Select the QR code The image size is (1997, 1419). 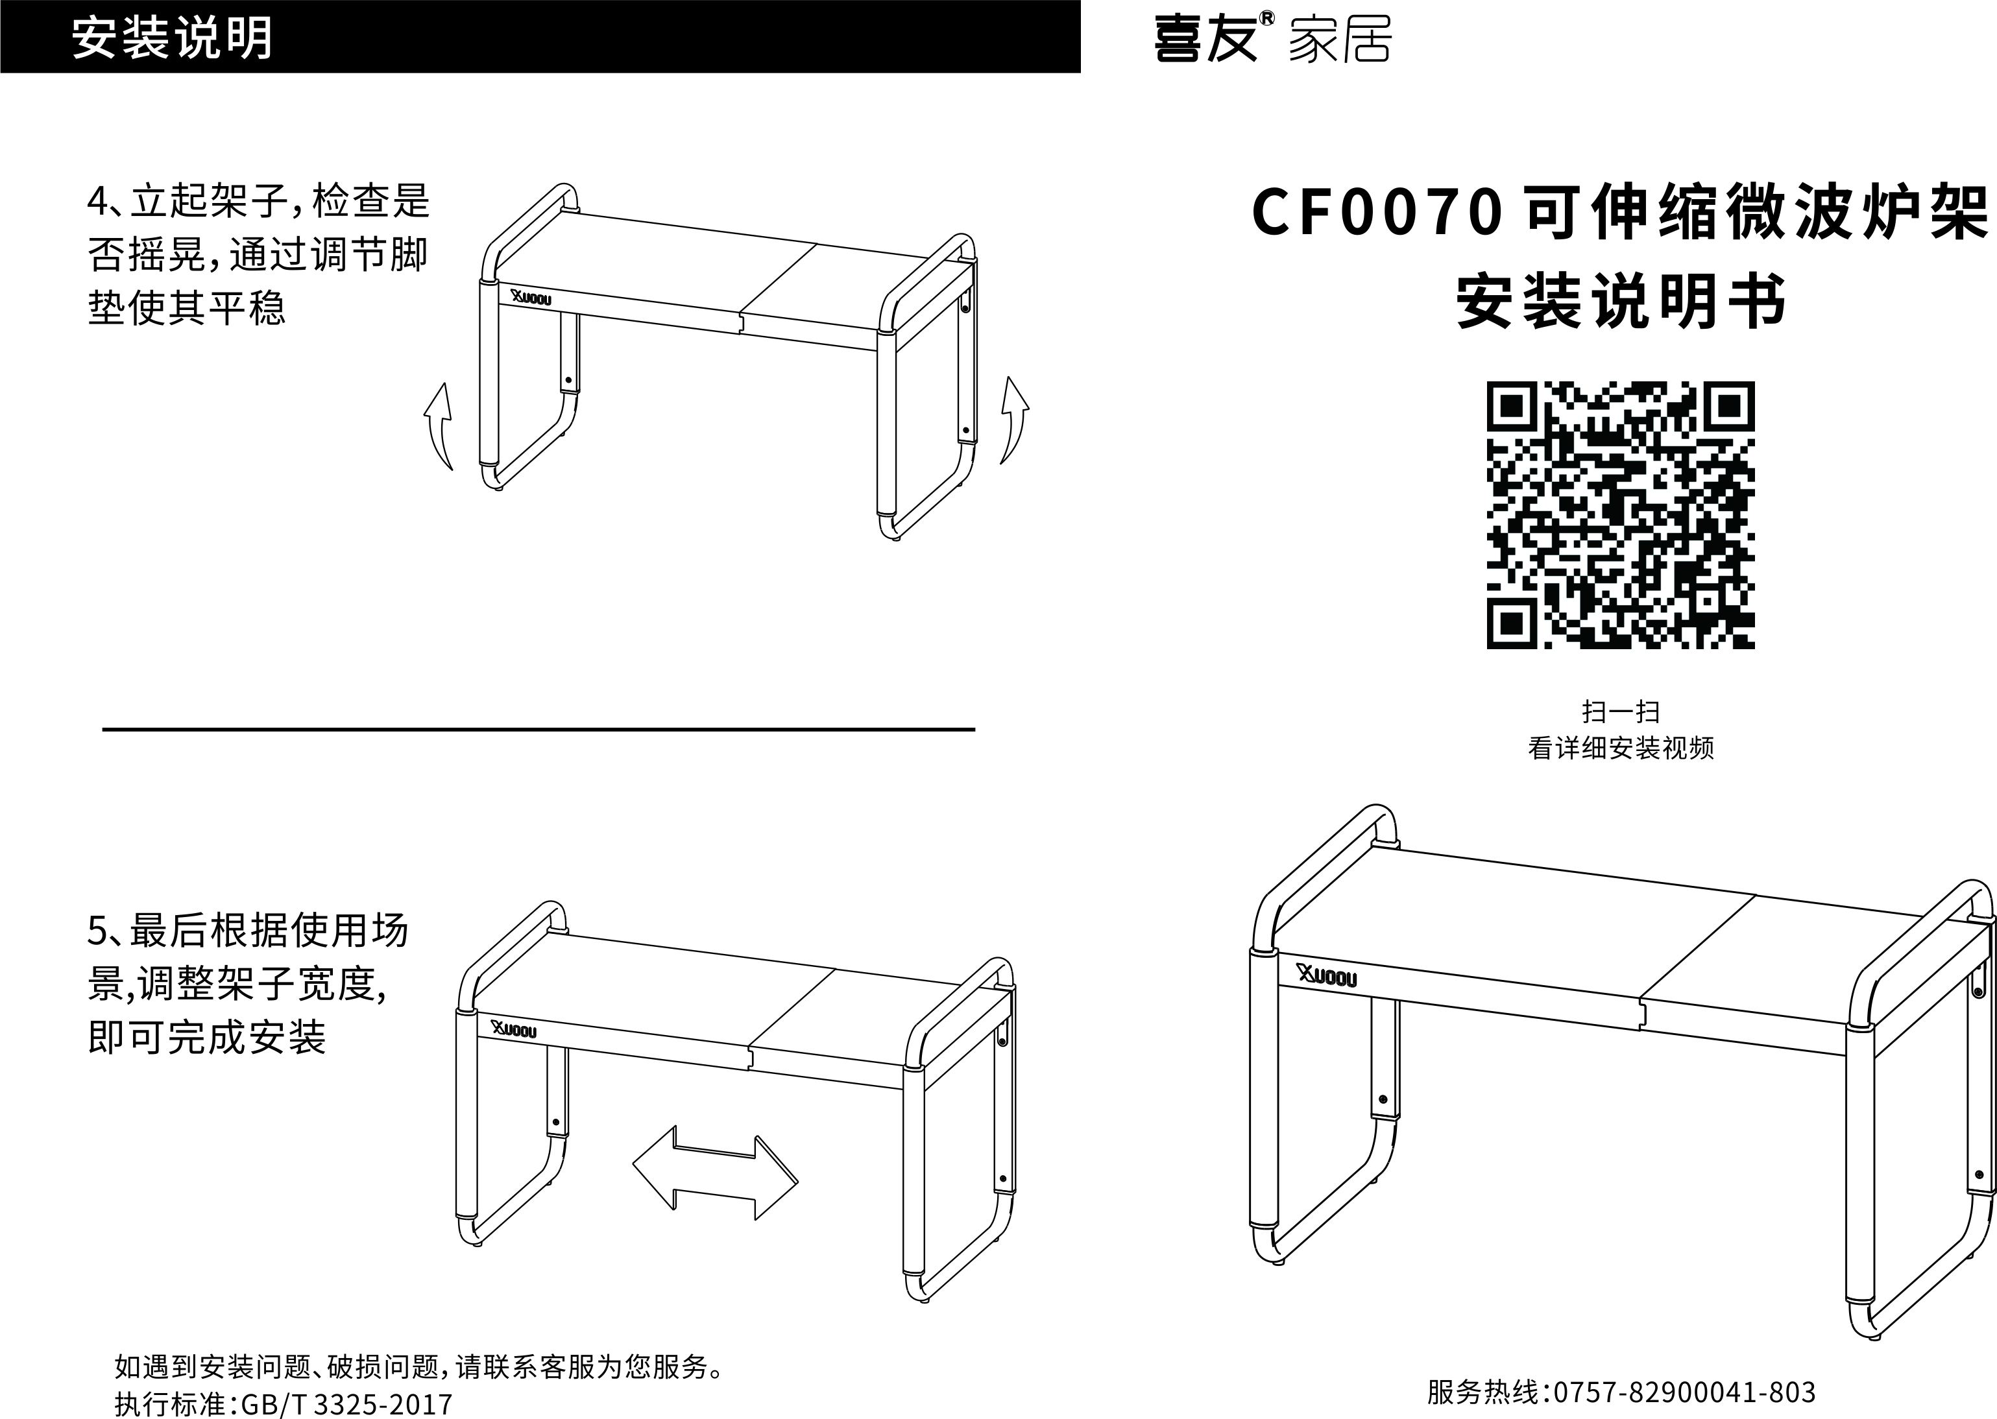(1620, 515)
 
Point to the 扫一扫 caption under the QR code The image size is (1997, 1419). (1620, 712)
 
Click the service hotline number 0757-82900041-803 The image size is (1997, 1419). (1678, 1392)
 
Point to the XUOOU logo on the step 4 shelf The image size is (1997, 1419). (531, 298)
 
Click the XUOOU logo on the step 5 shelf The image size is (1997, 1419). (514, 1030)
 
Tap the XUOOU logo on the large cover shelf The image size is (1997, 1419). (1327, 977)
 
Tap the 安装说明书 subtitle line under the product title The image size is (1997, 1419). (1620, 302)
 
